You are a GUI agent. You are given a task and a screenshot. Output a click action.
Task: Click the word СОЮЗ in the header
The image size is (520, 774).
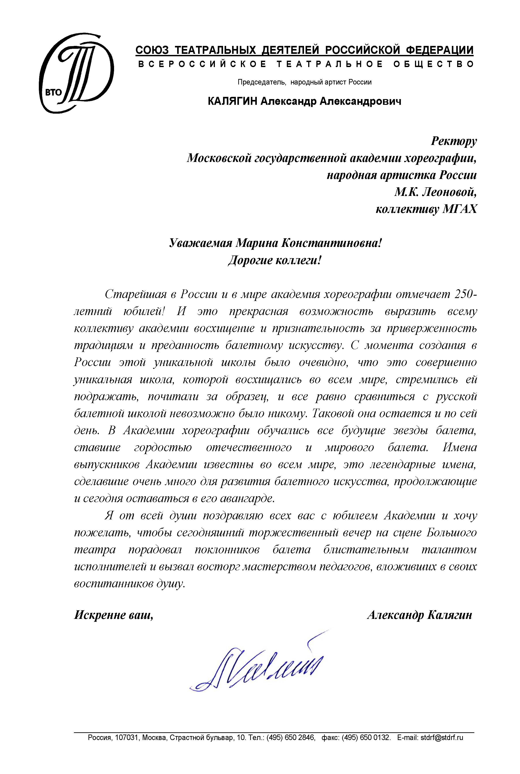tap(152, 50)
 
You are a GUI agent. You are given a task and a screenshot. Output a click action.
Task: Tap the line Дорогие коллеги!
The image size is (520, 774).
tap(275, 261)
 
